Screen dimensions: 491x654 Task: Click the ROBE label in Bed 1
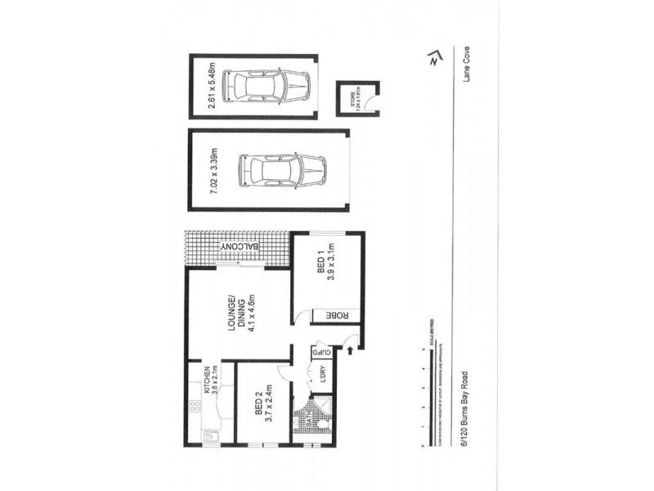(334, 315)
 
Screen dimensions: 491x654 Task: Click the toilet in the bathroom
(325, 426)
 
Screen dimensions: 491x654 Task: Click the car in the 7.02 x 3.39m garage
(282, 171)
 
